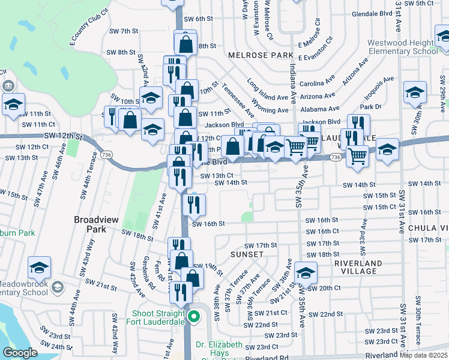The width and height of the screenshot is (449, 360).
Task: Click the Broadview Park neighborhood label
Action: [x=90, y=224]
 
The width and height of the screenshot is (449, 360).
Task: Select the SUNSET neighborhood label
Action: [x=247, y=254]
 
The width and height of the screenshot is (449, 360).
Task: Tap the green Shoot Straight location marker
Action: [x=193, y=316]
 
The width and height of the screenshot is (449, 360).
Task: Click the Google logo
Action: [x=20, y=353]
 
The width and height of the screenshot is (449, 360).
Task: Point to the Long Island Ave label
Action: [x=268, y=90]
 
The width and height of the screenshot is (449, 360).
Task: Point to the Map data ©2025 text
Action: [x=424, y=355]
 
